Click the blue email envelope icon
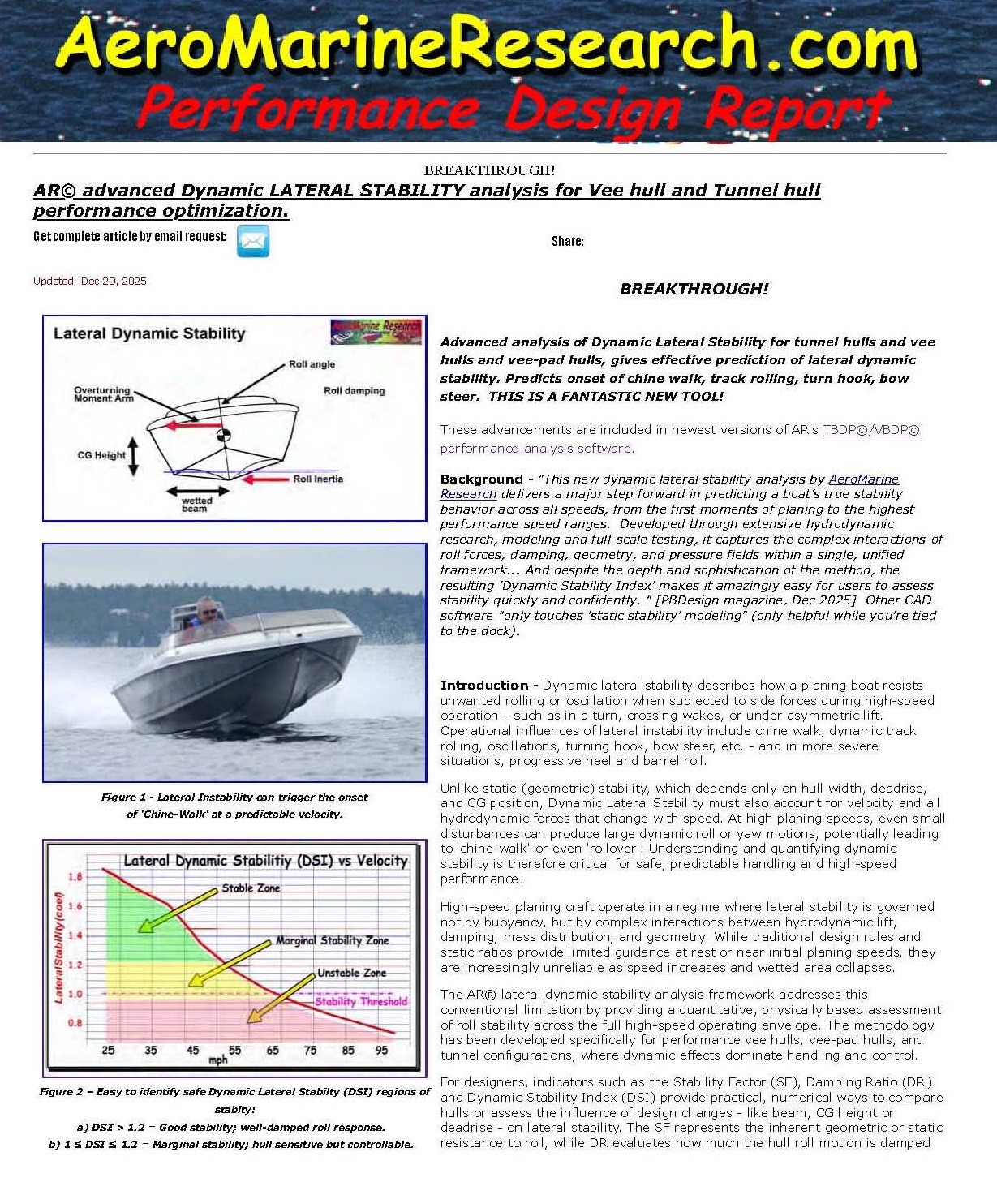click(252, 241)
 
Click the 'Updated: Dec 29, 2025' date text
click(90, 282)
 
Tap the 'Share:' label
click(567, 241)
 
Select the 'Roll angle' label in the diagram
click(312, 364)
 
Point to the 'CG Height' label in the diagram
click(101, 455)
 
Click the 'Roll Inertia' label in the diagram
click(317, 479)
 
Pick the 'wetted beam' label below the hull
click(196, 505)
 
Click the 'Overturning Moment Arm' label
click(103, 394)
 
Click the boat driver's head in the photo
click(208, 608)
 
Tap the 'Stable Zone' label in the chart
click(251, 888)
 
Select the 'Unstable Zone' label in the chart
click(351, 973)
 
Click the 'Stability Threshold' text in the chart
click(361, 1002)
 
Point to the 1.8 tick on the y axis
click(75, 877)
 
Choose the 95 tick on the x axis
click(381, 1051)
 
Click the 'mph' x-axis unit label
click(218, 1060)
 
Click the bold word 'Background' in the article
click(481, 479)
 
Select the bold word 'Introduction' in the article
click(484, 686)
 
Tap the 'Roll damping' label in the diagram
click(354, 391)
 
